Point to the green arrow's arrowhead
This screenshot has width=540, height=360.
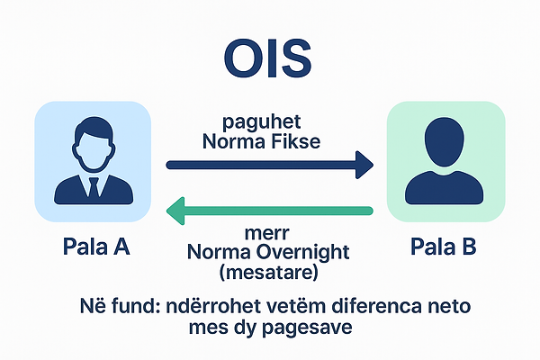pyautogui.click(x=175, y=212)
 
